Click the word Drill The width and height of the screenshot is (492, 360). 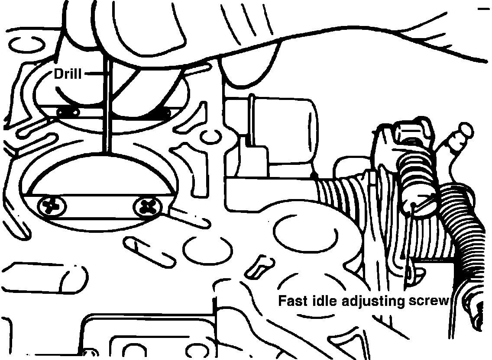pos(68,74)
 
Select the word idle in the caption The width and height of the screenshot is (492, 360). pos(324,301)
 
